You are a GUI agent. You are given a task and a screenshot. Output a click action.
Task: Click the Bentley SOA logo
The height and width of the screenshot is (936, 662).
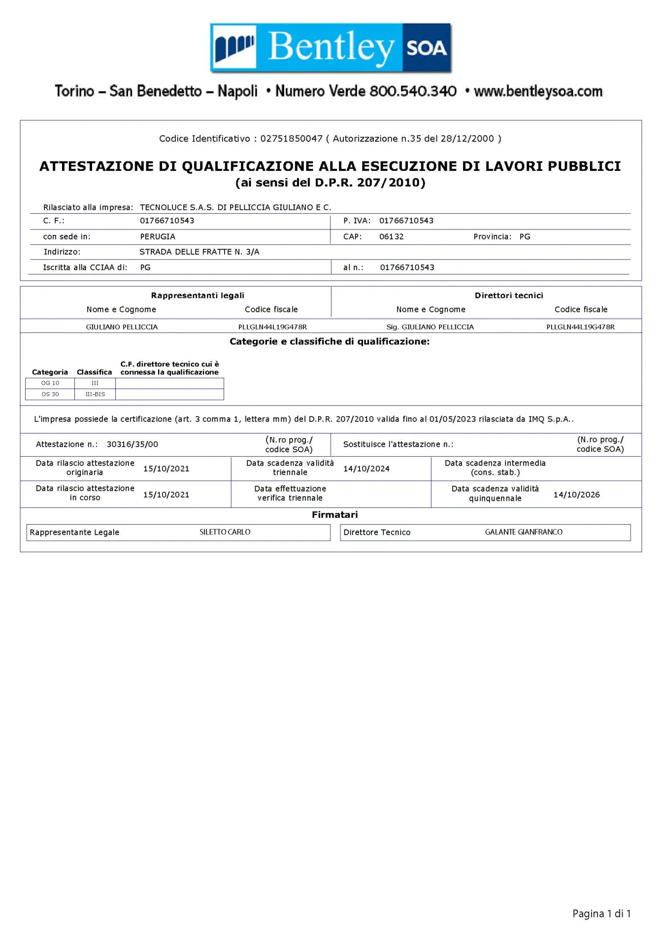[x=331, y=48]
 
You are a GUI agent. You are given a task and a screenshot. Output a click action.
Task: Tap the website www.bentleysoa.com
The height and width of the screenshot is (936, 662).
[x=538, y=92]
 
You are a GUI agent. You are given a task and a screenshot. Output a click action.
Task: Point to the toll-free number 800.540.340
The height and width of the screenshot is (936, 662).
[x=413, y=92]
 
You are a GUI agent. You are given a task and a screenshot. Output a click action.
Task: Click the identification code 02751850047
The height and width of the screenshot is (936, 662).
[x=291, y=138]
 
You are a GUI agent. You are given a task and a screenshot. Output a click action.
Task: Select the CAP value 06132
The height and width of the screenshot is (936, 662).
[x=392, y=236]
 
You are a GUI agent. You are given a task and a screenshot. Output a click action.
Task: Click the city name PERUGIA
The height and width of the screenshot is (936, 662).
[x=158, y=236]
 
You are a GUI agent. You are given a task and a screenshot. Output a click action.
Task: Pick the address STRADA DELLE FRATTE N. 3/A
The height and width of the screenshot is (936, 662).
[x=199, y=252]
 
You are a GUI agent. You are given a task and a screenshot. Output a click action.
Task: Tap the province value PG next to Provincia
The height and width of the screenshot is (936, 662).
[x=525, y=236]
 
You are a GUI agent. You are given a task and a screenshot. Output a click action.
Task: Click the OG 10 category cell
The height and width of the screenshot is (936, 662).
[x=50, y=383]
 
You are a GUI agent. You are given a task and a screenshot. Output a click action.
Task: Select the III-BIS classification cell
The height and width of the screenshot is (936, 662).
[x=95, y=394]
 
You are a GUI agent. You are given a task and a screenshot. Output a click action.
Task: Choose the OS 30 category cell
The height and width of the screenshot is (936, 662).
[x=50, y=394]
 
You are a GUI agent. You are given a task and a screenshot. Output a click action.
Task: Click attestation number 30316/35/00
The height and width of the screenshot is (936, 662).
[x=132, y=444]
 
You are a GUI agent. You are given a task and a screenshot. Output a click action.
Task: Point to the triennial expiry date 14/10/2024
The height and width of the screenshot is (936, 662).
[x=366, y=468]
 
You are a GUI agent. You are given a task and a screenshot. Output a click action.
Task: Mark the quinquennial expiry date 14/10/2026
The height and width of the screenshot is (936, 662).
[x=576, y=495]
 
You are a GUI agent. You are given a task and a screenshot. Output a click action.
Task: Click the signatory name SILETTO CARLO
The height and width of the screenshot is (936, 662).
[x=225, y=532]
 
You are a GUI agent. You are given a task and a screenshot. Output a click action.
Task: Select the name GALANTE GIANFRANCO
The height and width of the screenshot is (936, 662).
[x=524, y=532]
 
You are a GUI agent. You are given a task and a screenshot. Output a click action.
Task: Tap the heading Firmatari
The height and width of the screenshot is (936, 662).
[x=335, y=515]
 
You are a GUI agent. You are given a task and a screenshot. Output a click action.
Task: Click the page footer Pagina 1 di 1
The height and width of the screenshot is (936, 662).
[x=601, y=914]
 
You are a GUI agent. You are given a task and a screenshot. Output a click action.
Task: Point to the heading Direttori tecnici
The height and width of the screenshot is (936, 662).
[x=509, y=296]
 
